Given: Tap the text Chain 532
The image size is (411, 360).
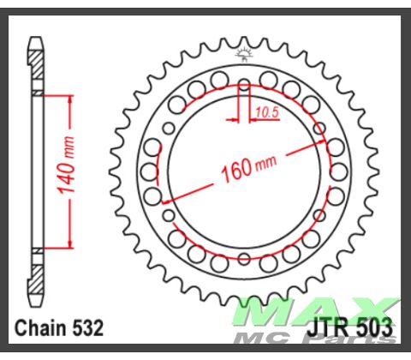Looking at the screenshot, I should pos(60,327).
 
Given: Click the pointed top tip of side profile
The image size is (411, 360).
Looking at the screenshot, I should pos(37,38).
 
